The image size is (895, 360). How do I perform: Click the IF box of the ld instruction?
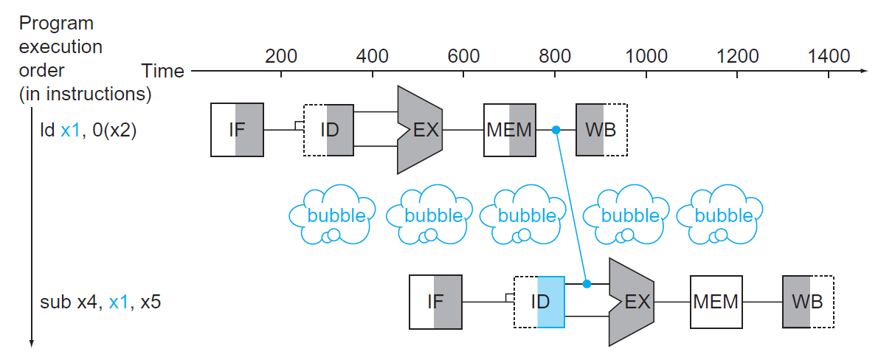pyautogui.click(x=237, y=130)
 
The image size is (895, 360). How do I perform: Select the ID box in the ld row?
pyautogui.click(x=328, y=130)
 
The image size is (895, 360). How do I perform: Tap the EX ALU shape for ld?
pyautogui.click(x=421, y=130)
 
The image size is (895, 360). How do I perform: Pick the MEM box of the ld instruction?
pyautogui.click(x=510, y=130)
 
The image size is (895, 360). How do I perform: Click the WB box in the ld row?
pyautogui.click(x=601, y=130)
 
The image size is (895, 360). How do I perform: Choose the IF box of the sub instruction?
pyautogui.click(x=435, y=302)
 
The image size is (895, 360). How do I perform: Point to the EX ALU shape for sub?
pyautogui.click(x=632, y=302)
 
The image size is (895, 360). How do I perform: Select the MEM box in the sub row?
pyautogui.click(x=716, y=302)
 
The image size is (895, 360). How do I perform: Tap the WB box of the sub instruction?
pyautogui.click(x=807, y=302)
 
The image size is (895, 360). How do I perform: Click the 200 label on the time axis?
pyautogui.click(x=280, y=56)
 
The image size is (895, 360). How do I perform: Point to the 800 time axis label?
pyautogui.click(x=555, y=56)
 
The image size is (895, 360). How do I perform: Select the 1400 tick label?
pyautogui.click(x=829, y=56)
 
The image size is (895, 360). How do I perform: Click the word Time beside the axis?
pyautogui.click(x=163, y=71)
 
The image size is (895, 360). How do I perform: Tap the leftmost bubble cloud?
pyautogui.click(x=327, y=215)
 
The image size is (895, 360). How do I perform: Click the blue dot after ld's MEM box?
pyautogui.click(x=556, y=130)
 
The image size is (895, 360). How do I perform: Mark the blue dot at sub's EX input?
pyautogui.click(x=587, y=283)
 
